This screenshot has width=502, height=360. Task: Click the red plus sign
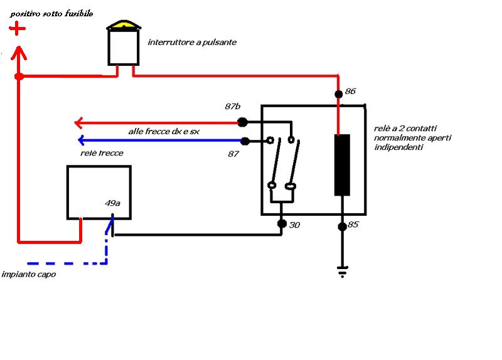click(17, 29)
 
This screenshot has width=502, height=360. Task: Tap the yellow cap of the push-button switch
click(123, 24)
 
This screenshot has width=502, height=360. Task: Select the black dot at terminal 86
click(338, 94)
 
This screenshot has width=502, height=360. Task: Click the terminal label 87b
click(232, 106)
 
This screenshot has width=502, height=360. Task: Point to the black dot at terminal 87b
click(242, 122)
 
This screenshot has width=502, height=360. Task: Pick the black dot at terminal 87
click(245, 140)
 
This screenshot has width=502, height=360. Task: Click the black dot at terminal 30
click(282, 223)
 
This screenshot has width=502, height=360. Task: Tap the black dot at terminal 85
click(342, 226)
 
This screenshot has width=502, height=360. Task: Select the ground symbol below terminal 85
click(342, 272)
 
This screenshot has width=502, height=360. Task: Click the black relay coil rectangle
click(342, 165)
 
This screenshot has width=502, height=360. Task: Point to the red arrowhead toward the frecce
click(79, 122)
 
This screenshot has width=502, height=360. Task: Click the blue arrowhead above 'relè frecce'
click(82, 140)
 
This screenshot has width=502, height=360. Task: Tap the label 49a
click(112, 203)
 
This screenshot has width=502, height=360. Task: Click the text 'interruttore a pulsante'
click(192, 42)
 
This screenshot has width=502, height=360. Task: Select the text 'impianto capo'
click(29, 274)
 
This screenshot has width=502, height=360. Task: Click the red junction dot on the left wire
click(19, 77)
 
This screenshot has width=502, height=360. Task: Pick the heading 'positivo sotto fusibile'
click(51, 13)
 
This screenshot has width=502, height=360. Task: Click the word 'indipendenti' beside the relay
click(398, 147)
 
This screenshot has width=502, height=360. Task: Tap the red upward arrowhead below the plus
click(19, 53)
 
